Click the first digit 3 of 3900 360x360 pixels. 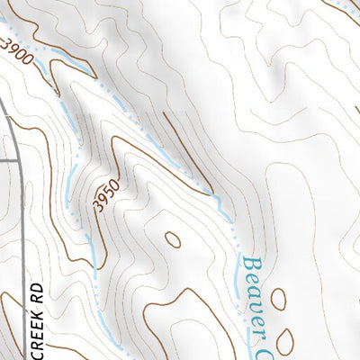click(7, 41)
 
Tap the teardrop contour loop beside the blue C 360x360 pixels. click(285, 339)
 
